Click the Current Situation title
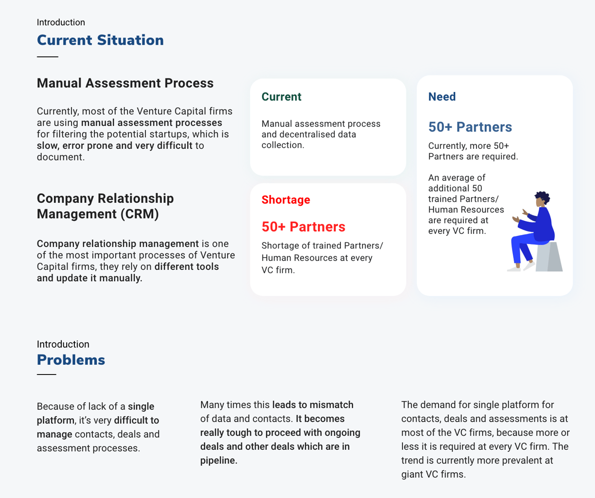pyautogui.click(x=100, y=40)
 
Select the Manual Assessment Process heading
pyautogui.click(x=125, y=83)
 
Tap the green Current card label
pyautogui.click(x=281, y=97)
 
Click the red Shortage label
pyautogui.click(x=286, y=200)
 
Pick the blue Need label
pyautogui.click(x=442, y=97)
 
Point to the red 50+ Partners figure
pyautogui.click(x=303, y=227)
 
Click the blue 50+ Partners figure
pyautogui.click(x=470, y=127)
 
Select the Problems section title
pyautogui.click(x=71, y=360)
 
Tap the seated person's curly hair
pyautogui.click(x=542, y=196)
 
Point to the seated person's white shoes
pyautogui.click(x=521, y=267)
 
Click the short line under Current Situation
pyautogui.click(x=48, y=57)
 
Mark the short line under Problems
pyautogui.click(x=47, y=374)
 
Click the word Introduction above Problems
pyautogui.click(x=63, y=344)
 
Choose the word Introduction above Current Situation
pyautogui.click(x=61, y=22)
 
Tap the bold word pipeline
pyautogui.click(x=219, y=461)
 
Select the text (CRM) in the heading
pyautogui.click(x=140, y=214)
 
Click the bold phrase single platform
pyautogui.click(x=95, y=413)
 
